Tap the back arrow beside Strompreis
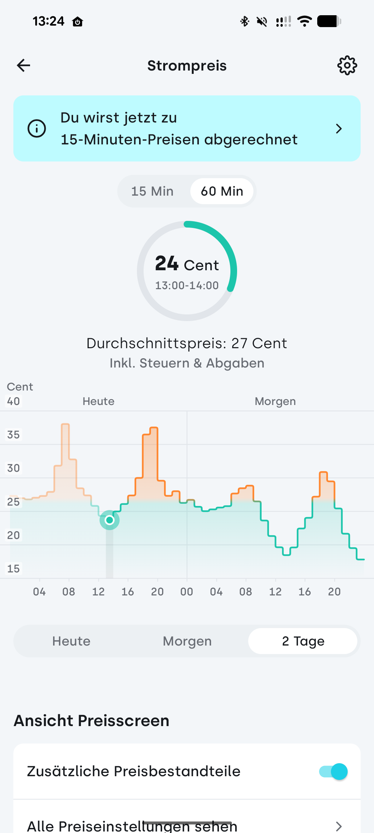click(x=23, y=65)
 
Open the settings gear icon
click(x=347, y=66)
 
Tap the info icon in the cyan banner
click(x=37, y=128)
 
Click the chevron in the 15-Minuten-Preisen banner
click(x=338, y=129)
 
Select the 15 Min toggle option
click(x=152, y=191)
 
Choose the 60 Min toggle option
click(x=222, y=191)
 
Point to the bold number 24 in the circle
click(x=167, y=264)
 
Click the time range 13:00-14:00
click(x=187, y=285)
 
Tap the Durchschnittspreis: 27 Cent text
click(x=187, y=343)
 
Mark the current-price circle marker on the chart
click(x=109, y=520)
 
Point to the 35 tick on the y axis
click(x=13, y=435)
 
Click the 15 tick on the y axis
click(x=13, y=569)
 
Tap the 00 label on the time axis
click(x=187, y=592)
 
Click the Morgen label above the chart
click(x=275, y=401)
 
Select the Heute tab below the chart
click(x=71, y=641)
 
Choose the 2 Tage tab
click(x=303, y=641)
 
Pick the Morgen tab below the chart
click(x=187, y=641)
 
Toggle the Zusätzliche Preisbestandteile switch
click(x=333, y=771)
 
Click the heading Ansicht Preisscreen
click(x=92, y=721)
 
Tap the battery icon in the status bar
click(x=329, y=22)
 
